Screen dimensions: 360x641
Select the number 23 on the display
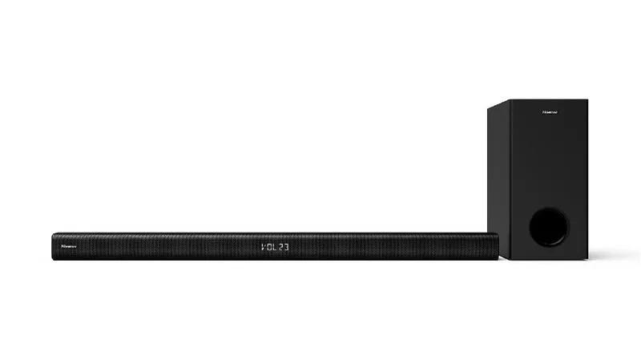coord(284,248)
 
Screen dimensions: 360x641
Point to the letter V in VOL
coord(264,248)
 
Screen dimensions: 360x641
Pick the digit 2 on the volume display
coord(282,248)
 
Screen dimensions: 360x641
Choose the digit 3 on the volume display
coord(288,248)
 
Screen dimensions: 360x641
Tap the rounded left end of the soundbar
coord(54,247)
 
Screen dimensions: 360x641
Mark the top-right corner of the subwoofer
coord(587,100)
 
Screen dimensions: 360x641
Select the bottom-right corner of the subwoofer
coord(587,260)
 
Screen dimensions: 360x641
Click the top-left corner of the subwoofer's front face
coord(506,100)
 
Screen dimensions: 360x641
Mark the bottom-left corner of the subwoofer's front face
coord(506,260)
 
